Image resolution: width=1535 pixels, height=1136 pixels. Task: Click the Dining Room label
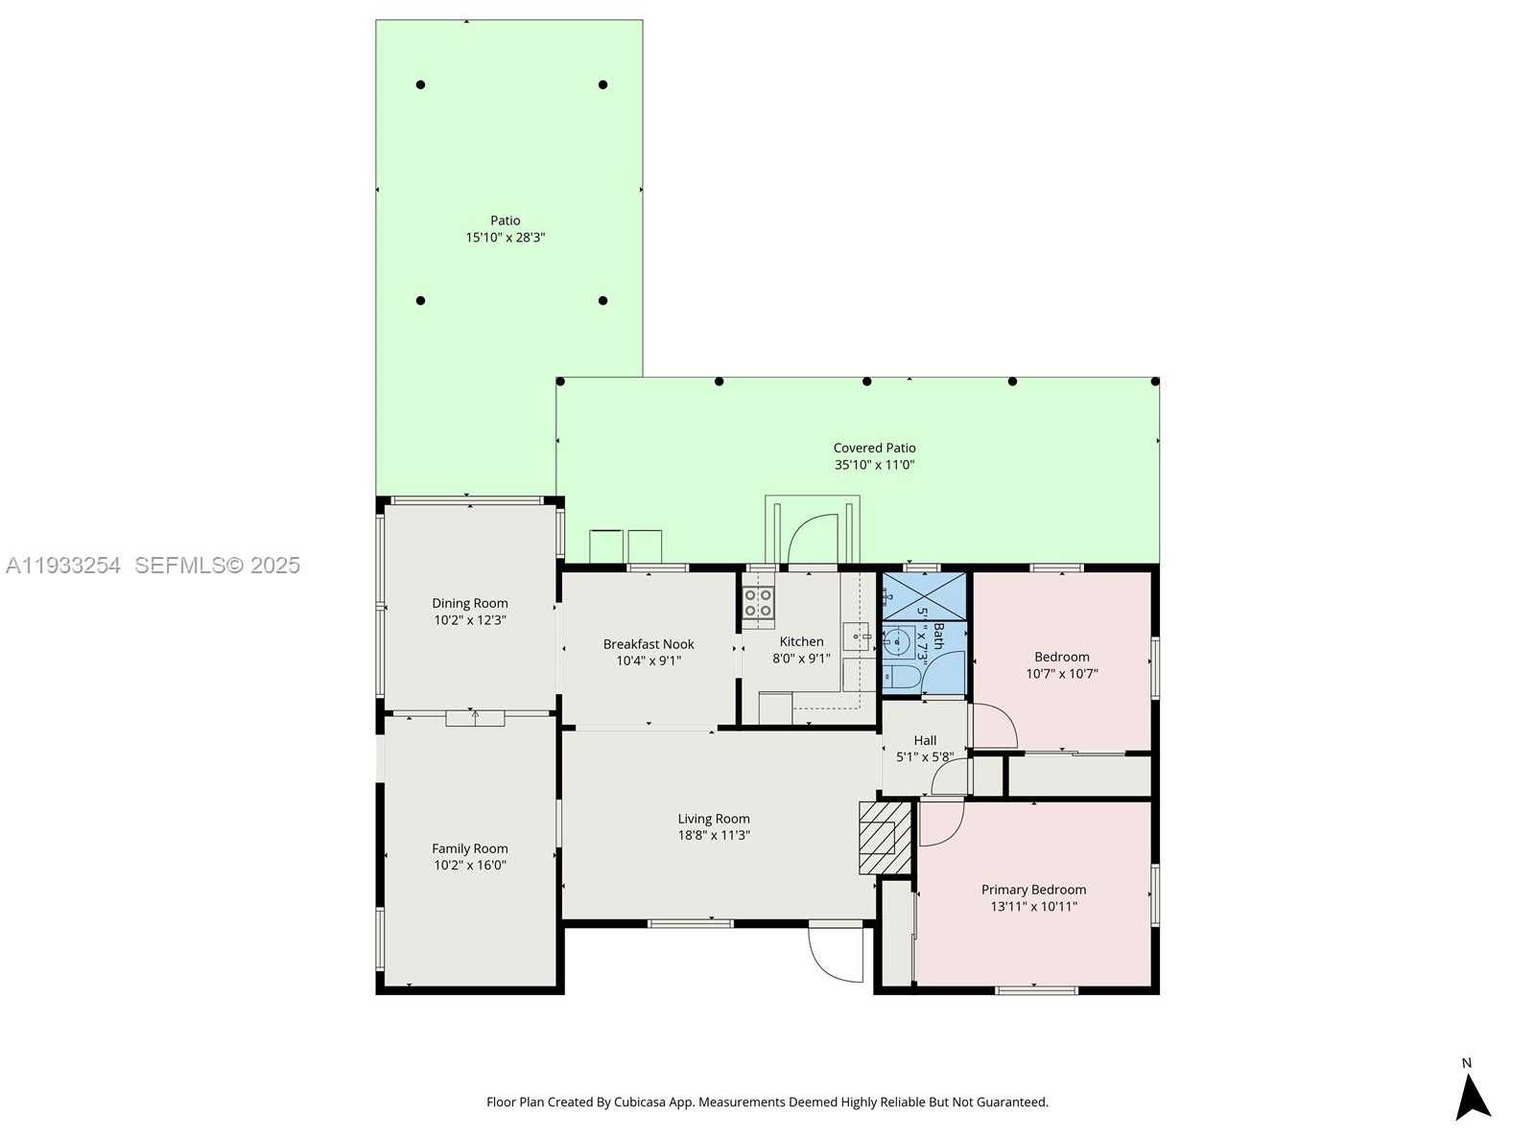(x=470, y=603)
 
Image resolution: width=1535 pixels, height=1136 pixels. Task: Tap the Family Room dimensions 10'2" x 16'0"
(x=470, y=865)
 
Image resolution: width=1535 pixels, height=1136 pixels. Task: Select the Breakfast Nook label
(x=649, y=644)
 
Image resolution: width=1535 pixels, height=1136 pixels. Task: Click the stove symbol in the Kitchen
(x=758, y=603)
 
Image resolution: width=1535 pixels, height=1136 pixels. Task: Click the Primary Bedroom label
(x=1033, y=890)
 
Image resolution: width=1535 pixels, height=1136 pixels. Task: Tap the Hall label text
(x=925, y=740)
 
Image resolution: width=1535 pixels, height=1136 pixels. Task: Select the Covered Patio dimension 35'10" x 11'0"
(x=874, y=465)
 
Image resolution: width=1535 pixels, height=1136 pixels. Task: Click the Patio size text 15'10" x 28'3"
(x=506, y=238)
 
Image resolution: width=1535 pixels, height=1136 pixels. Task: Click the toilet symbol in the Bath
(x=900, y=677)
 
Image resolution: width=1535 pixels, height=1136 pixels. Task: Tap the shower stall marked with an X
(x=924, y=595)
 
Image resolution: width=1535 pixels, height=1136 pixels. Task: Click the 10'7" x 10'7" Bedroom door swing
(x=994, y=726)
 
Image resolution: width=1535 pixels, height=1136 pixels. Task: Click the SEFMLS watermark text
(x=217, y=566)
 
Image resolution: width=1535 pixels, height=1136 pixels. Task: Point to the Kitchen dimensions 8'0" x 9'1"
(x=801, y=659)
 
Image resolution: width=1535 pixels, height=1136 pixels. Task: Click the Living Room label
(x=714, y=819)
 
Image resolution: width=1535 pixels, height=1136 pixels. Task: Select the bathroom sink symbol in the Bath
(x=898, y=638)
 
